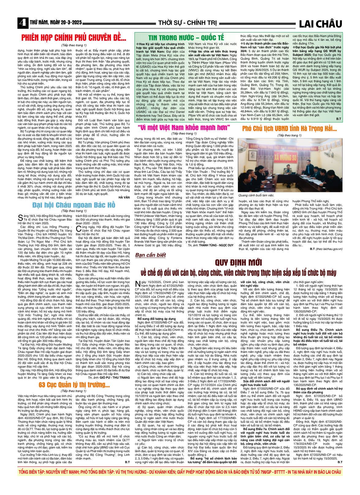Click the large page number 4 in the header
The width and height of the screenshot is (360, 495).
click(x=22, y=23)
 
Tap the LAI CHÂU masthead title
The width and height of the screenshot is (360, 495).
click(x=320, y=24)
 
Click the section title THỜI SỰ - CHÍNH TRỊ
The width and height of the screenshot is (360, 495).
click(x=187, y=23)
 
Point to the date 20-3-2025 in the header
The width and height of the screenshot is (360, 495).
click(x=71, y=23)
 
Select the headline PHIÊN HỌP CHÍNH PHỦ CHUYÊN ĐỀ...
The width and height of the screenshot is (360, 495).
click(x=74, y=38)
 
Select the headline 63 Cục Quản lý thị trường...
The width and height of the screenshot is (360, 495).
click(x=74, y=385)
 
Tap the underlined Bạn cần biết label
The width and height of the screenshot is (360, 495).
click(x=150, y=255)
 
